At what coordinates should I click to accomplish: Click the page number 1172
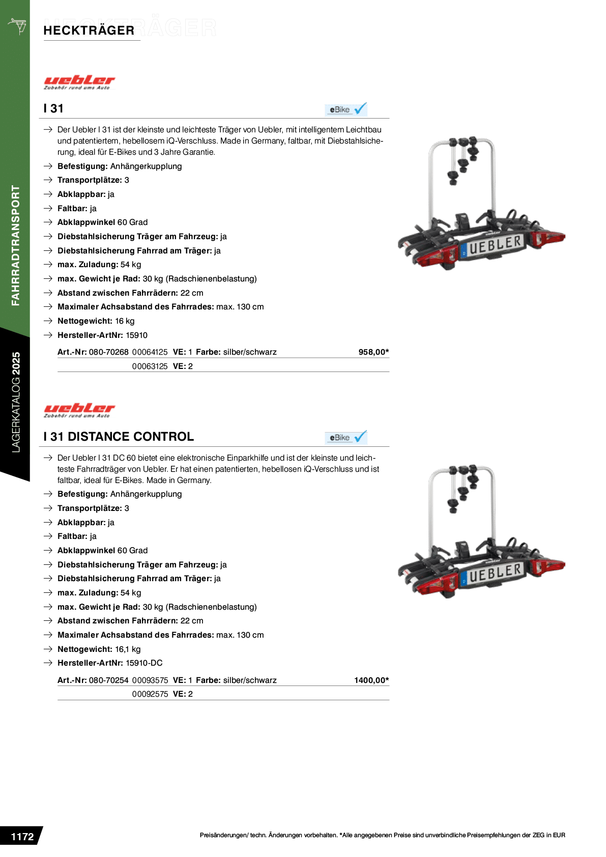point(22,837)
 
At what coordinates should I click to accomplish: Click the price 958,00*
point(373,352)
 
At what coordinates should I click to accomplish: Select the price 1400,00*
point(371,680)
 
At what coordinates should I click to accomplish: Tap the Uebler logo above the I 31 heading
point(79,82)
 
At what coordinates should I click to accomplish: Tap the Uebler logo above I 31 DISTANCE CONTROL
point(79,410)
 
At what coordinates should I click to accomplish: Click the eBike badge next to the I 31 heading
point(346,109)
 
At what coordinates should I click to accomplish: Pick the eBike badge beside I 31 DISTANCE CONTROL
point(346,438)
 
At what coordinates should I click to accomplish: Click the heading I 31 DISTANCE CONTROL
point(119,437)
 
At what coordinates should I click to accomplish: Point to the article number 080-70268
point(108,352)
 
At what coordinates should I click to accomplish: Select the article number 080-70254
point(108,680)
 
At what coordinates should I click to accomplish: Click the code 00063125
point(150,366)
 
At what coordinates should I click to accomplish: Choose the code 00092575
point(150,694)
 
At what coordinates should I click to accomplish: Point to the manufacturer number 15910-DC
point(144,663)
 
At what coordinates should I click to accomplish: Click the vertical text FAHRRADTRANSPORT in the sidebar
point(16,245)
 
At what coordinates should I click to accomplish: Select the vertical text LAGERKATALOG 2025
point(16,402)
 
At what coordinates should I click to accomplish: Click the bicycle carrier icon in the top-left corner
point(17,25)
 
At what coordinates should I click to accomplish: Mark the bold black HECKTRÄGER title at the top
point(89,31)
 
